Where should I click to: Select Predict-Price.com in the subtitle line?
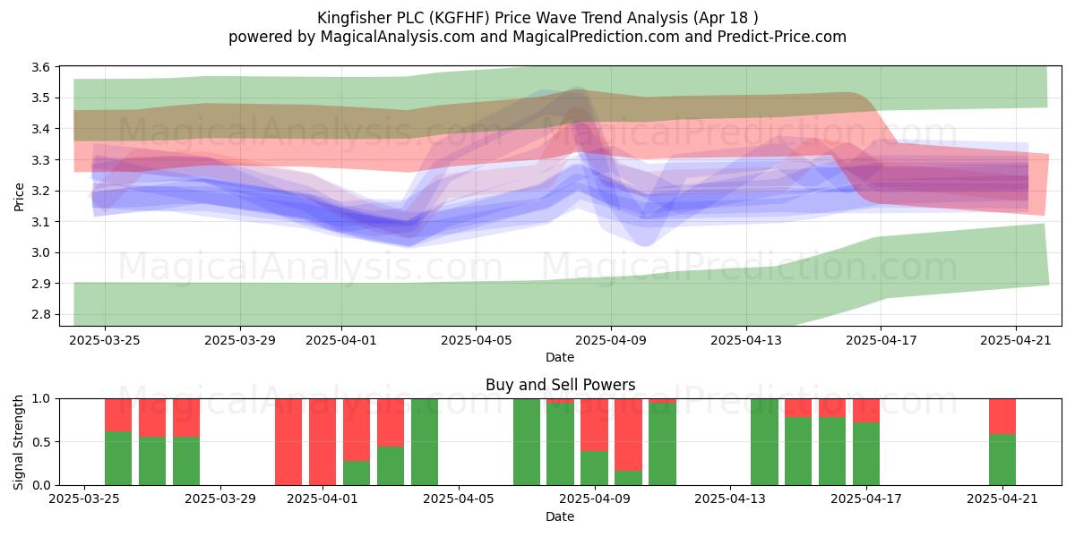click(x=782, y=37)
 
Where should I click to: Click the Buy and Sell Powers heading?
click(x=560, y=385)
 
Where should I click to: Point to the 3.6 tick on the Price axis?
click(x=40, y=67)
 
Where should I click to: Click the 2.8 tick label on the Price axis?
click(x=40, y=314)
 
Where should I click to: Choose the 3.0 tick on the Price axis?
click(x=40, y=252)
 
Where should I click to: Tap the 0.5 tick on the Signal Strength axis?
click(x=40, y=441)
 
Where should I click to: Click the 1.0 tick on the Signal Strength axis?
click(x=40, y=398)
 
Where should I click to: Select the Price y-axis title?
click(x=19, y=197)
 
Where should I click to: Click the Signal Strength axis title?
click(x=18, y=442)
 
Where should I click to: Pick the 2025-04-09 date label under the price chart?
click(x=611, y=340)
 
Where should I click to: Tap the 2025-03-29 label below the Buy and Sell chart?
click(x=220, y=499)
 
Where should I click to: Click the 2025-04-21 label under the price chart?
click(x=1016, y=340)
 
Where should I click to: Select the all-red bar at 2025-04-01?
click(x=322, y=441)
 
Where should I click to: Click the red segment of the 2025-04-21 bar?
click(x=1002, y=416)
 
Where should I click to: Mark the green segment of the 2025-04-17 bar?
click(x=866, y=454)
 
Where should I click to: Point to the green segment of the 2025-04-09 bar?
click(x=594, y=468)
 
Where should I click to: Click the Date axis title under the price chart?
click(x=560, y=357)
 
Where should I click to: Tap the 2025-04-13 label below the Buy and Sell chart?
click(x=730, y=499)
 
